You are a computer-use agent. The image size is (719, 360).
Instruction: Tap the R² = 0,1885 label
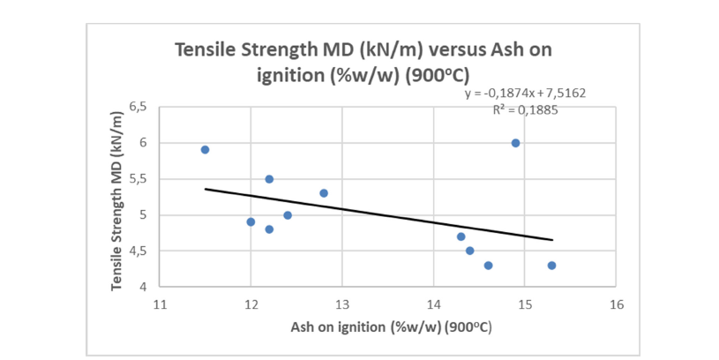click(x=526, y=110)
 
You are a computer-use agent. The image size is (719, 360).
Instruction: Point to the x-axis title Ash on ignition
click(x=391, y=327)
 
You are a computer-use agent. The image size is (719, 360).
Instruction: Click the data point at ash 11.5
click(x=205, y=150)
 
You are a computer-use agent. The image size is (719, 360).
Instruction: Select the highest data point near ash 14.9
click(x=515, y=143)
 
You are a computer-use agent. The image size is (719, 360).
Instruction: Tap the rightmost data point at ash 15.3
click(x=551, y=266)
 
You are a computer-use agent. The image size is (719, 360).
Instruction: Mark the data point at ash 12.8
click(x=324, y=193)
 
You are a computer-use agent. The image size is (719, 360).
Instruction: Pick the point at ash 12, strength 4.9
click(x=251, y=222)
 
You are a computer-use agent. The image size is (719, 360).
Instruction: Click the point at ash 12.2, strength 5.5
click(x=269, y=179)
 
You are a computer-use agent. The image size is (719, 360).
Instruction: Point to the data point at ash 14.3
click(x=461, y=236)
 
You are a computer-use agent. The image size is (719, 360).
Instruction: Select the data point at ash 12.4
click(x=288, y=215)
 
